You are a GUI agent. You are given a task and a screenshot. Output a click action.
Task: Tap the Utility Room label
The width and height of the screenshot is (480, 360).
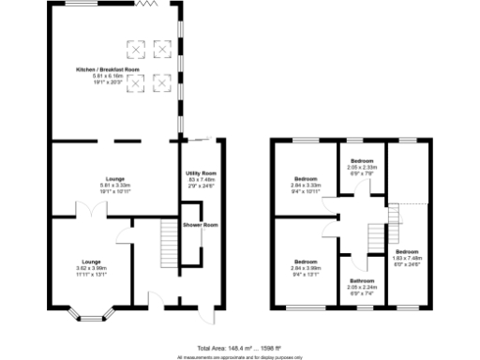(x=201, y=174)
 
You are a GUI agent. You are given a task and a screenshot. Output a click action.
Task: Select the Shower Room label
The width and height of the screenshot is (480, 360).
(x=201, y=225)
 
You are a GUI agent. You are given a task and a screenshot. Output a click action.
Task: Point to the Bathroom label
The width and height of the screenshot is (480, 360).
(x=363, y=280)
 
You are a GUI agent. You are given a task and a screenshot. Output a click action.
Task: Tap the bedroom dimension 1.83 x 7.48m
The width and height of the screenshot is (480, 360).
(x=406, y=258)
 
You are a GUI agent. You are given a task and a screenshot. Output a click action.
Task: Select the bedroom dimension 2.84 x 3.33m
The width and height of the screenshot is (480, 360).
(x=307, y=185)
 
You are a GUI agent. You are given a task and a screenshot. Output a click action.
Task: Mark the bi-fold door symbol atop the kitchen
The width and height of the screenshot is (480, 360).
(x=143, y=5)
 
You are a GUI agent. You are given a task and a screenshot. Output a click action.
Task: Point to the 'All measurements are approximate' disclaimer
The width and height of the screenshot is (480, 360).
(x=239, y=356)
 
